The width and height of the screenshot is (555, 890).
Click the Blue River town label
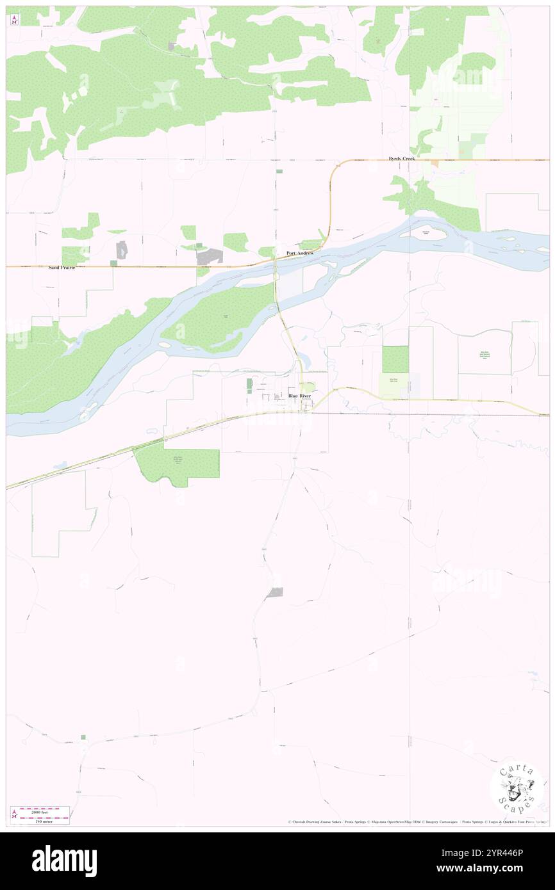click(x=299, y=396)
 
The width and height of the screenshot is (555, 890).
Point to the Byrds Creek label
click(x=401, y=158)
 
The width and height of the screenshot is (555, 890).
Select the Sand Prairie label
click(x=62, y=268)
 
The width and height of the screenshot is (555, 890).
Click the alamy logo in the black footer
click(x=64, y=861)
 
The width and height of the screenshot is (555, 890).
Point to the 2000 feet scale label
click(x=44, y=811)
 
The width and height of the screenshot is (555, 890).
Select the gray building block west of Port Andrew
click(x=209, y=257)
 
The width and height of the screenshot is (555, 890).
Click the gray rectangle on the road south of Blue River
click(x=275, y=593)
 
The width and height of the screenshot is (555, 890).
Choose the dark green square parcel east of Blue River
click(x=395, y=359)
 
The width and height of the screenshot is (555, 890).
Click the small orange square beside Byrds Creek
click(x=435, y=164)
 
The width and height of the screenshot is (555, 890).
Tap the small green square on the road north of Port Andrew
click(x=279, y=171)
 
